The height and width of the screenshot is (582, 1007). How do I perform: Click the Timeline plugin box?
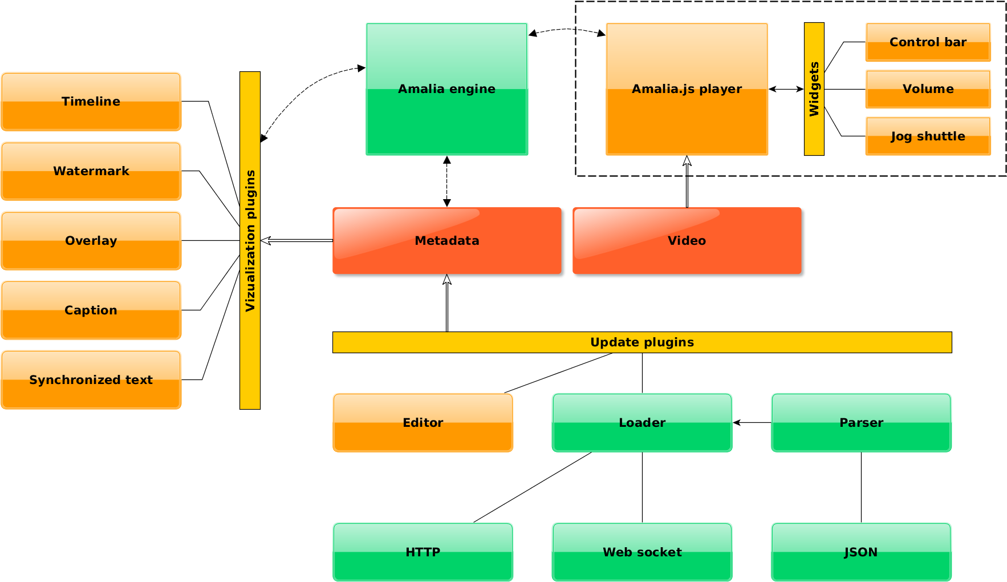[x=91, y=102]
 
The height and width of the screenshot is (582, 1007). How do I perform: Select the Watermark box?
[x=91, y=171]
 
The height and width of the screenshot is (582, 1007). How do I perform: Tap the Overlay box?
[x=91, y=241]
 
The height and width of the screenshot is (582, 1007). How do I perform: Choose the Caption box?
[x=91, y=310]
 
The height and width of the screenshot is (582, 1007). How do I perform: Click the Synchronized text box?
[x=91, y=380]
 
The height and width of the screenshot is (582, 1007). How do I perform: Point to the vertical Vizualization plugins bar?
[x=250, y=240]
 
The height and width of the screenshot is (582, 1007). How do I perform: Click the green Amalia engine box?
[x=446, y=89]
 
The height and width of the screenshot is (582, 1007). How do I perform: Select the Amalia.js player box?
[x=687, y=89]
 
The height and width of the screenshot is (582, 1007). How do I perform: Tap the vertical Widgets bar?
[x=814, y=89]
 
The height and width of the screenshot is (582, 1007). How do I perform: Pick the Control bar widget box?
[x=928, y=42]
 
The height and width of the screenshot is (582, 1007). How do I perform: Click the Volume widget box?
[x=928, y=89]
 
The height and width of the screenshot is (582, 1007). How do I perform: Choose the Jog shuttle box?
[x=928, y=136]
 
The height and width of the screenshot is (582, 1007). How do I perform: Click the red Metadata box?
[x=446, y=241]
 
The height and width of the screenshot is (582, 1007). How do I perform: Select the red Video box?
[x=687, y=241]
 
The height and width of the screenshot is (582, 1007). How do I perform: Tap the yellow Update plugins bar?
[x=642, y=342]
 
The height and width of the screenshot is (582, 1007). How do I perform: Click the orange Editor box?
[x=423, y=423]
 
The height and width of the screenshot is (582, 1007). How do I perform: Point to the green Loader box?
[x=642, y=423]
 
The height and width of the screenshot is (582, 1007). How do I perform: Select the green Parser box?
[x=861, y=423]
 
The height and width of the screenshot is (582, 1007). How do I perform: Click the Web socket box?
[x=642, y=552]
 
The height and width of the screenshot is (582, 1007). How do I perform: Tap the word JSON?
[x=861, y=552]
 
